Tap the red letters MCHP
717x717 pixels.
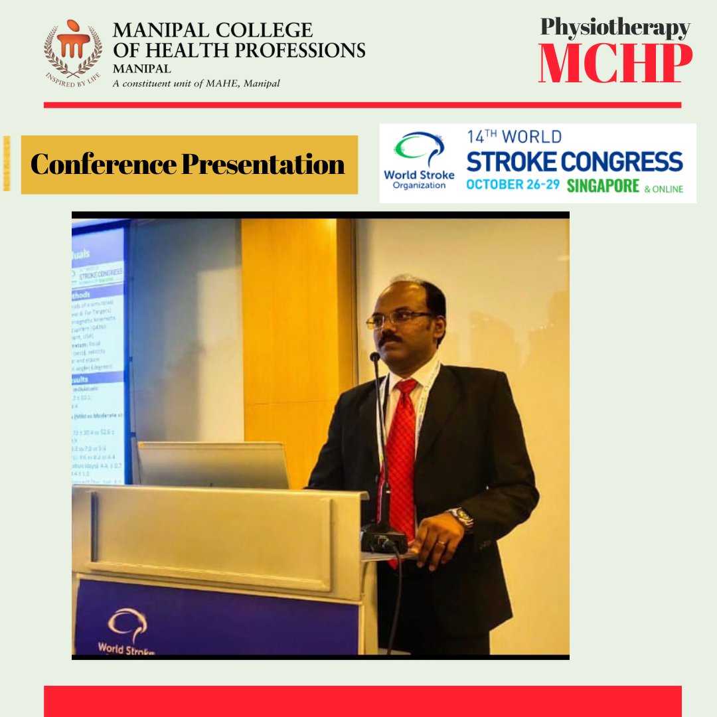(x=615, y=64)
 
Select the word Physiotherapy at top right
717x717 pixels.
(x=615, y=27)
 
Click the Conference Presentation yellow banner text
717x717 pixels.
(x=188, y=165)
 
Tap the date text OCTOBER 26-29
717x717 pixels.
(x=514, y=185)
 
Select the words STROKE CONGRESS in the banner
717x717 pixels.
(x=574, y=161)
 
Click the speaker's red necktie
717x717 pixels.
(x=402, y=451)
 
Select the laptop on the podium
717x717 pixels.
(x=213, y=465)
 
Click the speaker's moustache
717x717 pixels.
(x=392, y=339)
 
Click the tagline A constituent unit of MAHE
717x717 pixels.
(x=196, y=84)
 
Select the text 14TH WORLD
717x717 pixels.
(x=514, y=137)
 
